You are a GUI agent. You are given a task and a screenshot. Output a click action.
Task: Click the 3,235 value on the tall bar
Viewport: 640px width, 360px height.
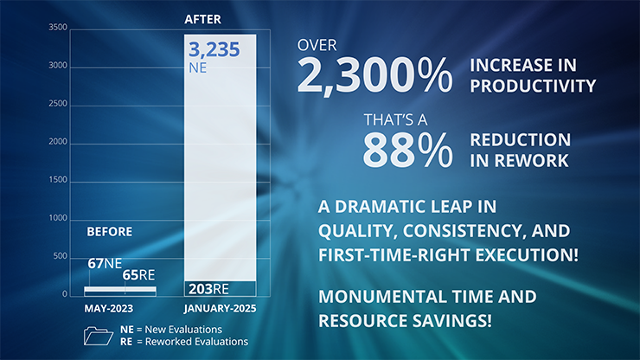click(214, 50)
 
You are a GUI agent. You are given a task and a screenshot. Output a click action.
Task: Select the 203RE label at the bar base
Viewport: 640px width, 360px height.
click(208, 289)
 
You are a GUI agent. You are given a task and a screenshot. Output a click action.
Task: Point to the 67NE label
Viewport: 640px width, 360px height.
click(105, 264)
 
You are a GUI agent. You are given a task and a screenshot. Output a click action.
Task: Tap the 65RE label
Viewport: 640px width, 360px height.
click(138, 275)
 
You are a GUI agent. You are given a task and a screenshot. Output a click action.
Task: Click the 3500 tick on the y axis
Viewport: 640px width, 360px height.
click(58, 28)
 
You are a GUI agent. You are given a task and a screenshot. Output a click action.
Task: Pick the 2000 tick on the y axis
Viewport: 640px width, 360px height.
click(58, 142)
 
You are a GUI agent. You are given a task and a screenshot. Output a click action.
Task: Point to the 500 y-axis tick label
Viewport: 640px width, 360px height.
click(60, 256)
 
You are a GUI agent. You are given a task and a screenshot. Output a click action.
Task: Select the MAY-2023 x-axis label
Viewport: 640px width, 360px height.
click(109, 308)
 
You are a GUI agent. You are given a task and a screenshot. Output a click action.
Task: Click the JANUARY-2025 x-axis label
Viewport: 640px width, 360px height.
click(220, 308)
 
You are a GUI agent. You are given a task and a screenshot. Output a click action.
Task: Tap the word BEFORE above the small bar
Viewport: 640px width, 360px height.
click(109, 232)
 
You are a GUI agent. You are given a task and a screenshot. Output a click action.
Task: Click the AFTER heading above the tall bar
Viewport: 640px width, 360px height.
click(202, 19)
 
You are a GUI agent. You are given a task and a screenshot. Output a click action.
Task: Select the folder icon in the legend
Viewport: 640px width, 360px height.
click(99, 336)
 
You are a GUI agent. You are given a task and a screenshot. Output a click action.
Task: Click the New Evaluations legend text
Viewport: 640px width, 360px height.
click(183, 330)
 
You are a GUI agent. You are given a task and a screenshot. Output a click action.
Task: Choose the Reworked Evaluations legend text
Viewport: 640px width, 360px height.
click(196, 342)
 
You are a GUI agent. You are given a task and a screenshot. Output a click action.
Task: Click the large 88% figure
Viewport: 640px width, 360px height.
click(407, 150)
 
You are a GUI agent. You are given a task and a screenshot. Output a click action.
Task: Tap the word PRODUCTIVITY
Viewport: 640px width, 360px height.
click(533, 86)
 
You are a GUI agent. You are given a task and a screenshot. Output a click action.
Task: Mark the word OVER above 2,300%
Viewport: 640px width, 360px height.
click(317, 45)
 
